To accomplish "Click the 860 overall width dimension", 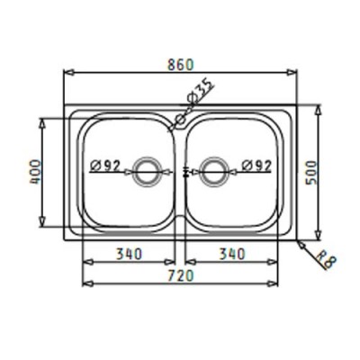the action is coord(180,65).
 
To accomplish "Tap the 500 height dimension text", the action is coord(310,173).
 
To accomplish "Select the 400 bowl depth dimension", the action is coord(35,172).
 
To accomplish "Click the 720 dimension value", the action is coord(180,275).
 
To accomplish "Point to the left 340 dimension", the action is coord(129,254).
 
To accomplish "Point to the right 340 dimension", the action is coord(232,254).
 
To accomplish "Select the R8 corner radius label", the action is coord(325,259).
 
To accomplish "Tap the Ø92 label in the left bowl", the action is coord(105,165).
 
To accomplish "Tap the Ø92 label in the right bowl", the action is coord(256,165).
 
